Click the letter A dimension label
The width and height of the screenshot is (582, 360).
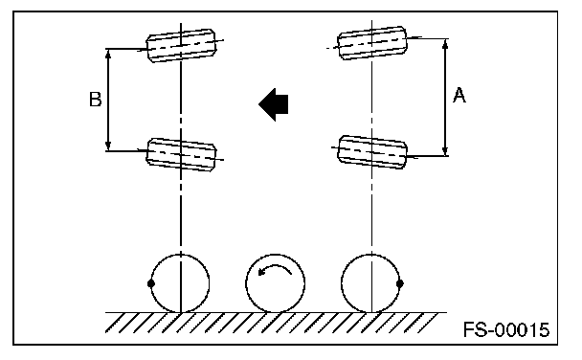459,95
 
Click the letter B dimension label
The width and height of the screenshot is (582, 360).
96,100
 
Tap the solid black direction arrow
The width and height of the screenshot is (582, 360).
274,104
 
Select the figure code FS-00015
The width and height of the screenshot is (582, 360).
506,329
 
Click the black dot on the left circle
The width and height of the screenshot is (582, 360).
150,283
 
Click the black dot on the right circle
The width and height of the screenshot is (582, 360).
400,283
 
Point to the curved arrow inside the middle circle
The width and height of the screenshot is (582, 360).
275,270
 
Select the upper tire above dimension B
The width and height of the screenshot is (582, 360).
181,45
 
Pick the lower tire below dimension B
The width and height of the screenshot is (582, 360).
182,154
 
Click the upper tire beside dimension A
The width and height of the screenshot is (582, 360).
372,43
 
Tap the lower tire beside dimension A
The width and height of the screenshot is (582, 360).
372,152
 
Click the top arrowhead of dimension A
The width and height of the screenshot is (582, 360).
445,43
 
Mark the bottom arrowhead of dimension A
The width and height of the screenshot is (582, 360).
445,150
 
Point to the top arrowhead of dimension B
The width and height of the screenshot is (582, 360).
108,54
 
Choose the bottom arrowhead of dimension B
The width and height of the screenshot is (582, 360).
108,146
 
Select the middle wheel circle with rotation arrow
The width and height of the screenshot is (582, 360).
275,255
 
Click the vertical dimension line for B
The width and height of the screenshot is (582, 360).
108,100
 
